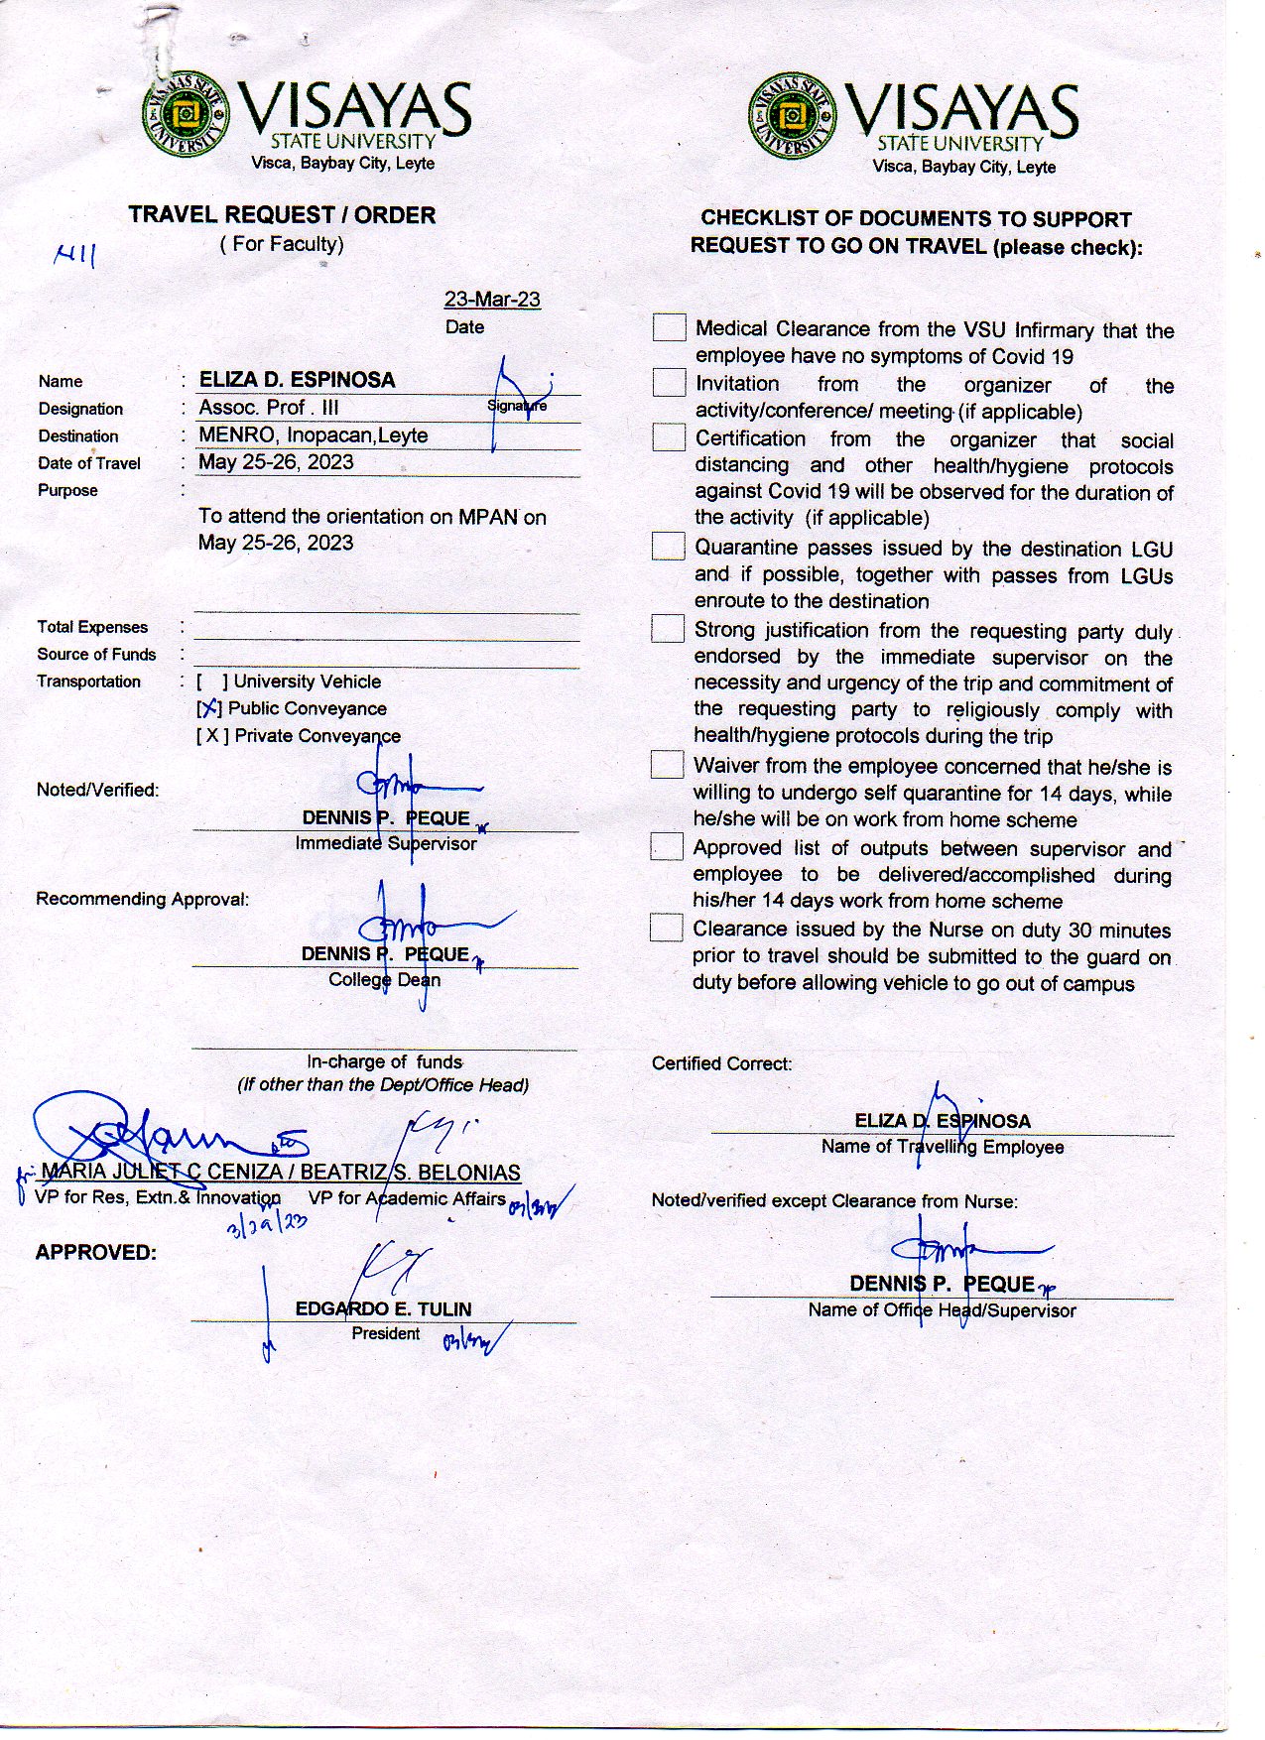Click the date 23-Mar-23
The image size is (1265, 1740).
(492, 300)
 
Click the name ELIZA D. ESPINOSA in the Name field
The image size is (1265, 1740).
(297, 380)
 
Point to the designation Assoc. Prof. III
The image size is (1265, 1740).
(269, 408)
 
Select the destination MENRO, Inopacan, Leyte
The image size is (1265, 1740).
(314, 435)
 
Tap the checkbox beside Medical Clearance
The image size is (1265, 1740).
(669, 327)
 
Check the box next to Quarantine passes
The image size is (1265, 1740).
(668, 547)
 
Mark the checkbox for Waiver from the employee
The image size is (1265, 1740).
(667, 764)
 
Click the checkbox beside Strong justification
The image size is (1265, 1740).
(667, 629)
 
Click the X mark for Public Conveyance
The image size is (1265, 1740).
(209, 708)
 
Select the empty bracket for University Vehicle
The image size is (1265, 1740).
(212, 682)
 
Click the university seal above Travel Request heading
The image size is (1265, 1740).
(186, 114)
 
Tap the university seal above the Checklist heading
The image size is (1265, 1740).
(792, 116)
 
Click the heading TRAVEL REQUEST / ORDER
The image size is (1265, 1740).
(282, 215)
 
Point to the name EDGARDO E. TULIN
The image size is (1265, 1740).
(383, 1308)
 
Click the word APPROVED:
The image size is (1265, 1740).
(96, 1253)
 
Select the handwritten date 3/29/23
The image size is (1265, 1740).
(267, 1225)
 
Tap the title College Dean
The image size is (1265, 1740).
(385, 980)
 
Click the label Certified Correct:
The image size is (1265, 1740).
(721, 1063)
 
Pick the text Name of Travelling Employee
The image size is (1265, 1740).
(942, 1147)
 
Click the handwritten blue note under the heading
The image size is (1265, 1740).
(75, 257)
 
